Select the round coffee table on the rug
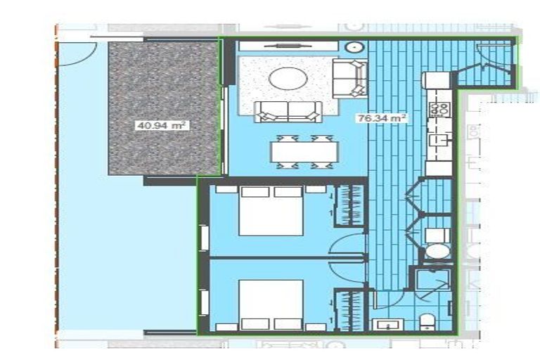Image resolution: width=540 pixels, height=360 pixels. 288,78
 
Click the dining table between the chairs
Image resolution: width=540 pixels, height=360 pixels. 304,151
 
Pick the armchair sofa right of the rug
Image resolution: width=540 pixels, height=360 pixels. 349,78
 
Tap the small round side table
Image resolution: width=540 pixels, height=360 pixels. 354,48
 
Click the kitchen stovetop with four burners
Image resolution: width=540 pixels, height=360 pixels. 440,108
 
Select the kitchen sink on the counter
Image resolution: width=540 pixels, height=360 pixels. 440,139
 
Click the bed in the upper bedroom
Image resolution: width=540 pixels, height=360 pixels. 271,211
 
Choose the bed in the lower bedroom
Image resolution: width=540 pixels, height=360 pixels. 271,304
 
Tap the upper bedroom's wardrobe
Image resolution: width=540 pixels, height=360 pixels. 349,205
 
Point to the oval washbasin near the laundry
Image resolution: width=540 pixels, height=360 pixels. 437,251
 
